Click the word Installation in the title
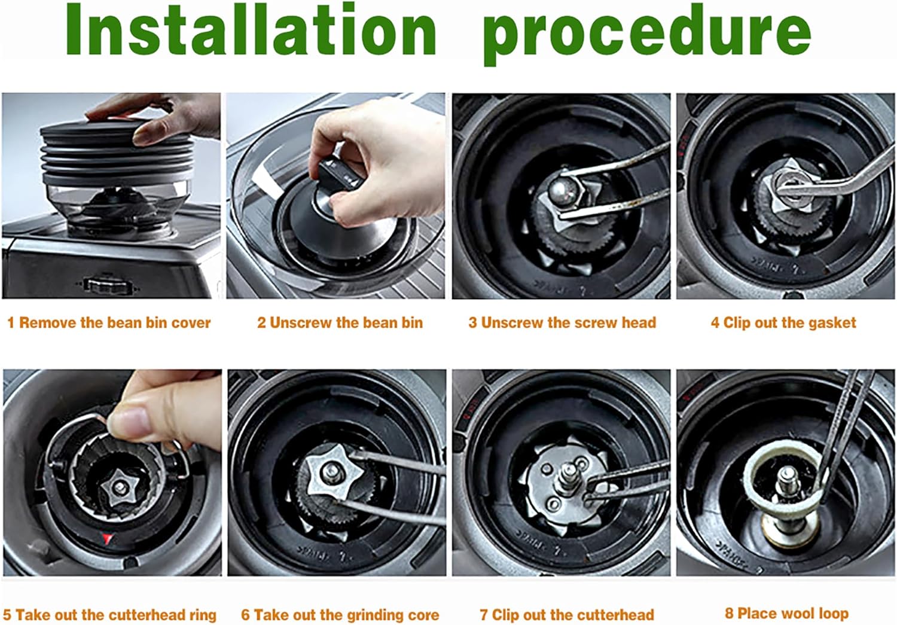click(x=251, y=30)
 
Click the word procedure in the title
click(x=646, y=33)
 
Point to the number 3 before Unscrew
click(x=472, y=323)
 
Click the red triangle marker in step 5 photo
click(x=106, y=539)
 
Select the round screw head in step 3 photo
click(x=562, y=191)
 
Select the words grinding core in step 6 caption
click(x=392, y=615)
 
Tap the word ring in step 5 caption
click(x=203, y=615)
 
